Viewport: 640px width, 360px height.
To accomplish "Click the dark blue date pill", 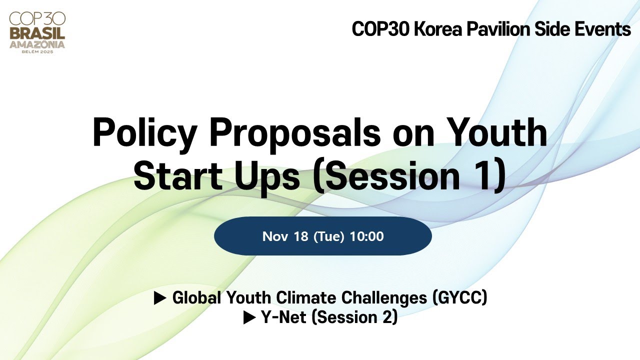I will coord(322,236).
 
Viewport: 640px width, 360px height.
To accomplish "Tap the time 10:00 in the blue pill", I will coord(366,236).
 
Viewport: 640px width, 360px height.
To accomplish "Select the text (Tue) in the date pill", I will coord(328,236).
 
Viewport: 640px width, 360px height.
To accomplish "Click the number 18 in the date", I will coord(301,236).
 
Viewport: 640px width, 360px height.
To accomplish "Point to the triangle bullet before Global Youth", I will coord(160,298).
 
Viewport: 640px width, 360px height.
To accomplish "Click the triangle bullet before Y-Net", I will coord(249,317).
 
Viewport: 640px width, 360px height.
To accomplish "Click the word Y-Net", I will coord(283,317).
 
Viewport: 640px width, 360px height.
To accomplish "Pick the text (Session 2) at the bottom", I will coord(354,317).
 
